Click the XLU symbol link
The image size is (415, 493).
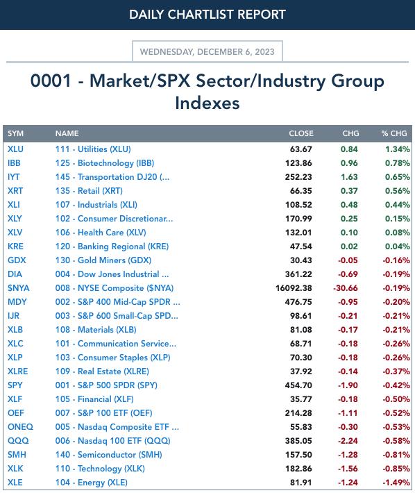pos(15,149)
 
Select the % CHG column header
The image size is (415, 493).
pos(394,133)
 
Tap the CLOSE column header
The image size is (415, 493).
pos(301,133)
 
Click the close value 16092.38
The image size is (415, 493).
pos(294,288)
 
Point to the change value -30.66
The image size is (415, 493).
pos(346,288)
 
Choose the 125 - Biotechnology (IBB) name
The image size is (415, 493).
pos(105,163)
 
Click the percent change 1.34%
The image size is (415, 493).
pos(398,149)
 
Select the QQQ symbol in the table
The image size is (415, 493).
pos(18,440)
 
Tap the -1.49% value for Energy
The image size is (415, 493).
pos(396,483)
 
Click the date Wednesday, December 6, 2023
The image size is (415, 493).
pos(207,51)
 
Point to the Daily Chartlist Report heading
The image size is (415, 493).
pos(207,15)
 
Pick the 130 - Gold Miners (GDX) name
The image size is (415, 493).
pos(103,260)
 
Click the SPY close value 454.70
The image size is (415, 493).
pos(298,385)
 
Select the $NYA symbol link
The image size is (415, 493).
pos(19,288)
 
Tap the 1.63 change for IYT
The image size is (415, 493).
pos(349,176)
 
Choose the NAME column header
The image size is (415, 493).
pos(67,133)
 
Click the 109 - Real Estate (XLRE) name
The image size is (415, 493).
pos(102,371)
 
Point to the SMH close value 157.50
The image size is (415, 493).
pos(298,455)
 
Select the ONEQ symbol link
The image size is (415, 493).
pos(20,426)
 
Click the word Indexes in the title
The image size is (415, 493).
pos(207,103)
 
